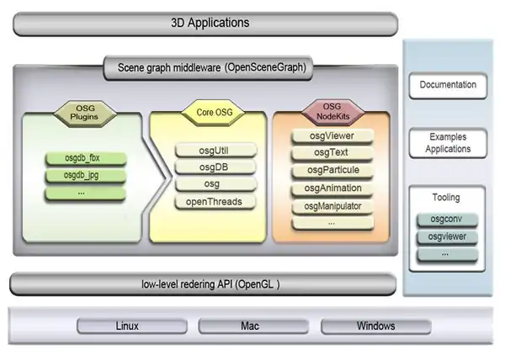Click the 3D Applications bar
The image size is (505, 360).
(x=205, y=23)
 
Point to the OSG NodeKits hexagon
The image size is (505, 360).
(x=331, y=111)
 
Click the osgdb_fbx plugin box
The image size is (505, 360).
(x=84, y=158)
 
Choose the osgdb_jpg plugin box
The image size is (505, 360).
(x=84, y=176)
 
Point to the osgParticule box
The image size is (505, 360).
(x=332, y=171)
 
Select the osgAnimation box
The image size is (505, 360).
(x=332, y=188)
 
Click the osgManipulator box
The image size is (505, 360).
(x=332, y=206)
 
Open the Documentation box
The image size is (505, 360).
(x=447, y=85)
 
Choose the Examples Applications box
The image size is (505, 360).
(x=447, y=143)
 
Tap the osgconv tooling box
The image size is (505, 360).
(x=447, y=220)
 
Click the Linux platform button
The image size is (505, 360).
(x=127, y=326)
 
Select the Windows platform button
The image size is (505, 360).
(x=375, y=326)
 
